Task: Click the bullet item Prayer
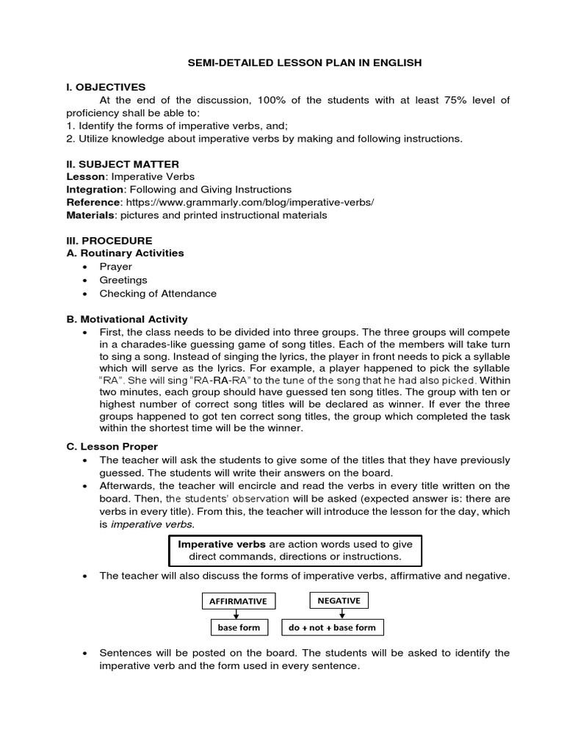116,267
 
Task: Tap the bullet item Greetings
123,280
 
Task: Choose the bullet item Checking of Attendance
158,293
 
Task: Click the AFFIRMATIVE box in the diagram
239,601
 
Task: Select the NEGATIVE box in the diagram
339,601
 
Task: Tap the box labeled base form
239,628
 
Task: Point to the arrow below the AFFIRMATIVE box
239,615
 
